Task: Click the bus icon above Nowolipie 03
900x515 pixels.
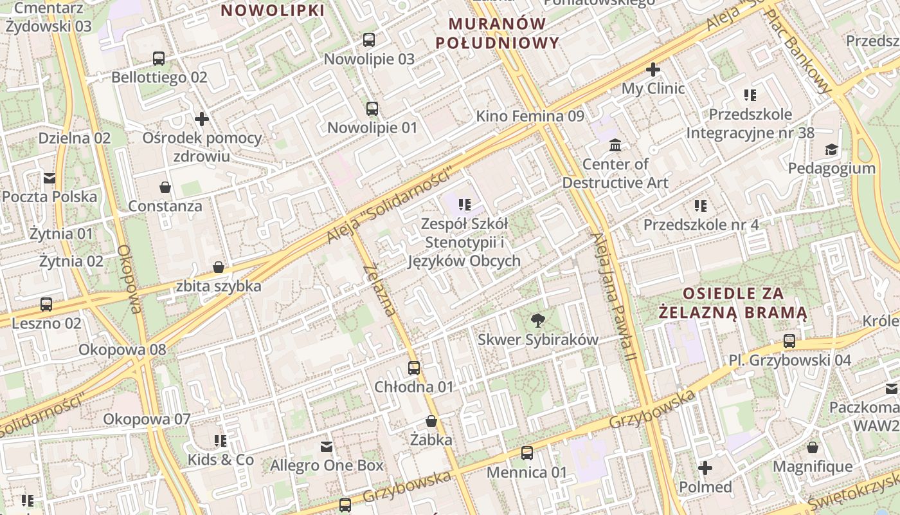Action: [x=369, y=40]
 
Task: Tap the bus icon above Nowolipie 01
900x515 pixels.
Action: [x=372, y=108]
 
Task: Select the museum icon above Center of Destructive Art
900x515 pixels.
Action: [x=615, y=145]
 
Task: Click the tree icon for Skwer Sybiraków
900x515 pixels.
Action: [x=537, y=320]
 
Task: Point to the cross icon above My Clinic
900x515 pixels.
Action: [x=653, y=69]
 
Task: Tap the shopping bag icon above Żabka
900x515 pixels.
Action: [x=431, y=421]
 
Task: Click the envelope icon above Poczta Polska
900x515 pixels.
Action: [x=50, y=178]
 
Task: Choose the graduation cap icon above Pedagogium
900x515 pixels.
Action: [x=831, y=149]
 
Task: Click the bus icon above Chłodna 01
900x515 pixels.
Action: [x=414, y=368]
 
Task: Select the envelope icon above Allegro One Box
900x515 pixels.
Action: [x=327, y=446]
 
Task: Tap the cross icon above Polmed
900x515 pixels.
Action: [x=705, y=467]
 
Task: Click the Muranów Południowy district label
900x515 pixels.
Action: [x=497, y=33]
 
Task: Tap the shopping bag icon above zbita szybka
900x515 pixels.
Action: [x=219, y=267]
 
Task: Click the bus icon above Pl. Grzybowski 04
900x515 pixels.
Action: [x=789, y=341]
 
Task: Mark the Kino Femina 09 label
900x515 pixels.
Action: [x=530, y=117]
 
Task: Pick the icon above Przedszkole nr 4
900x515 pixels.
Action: [x=701, y=206]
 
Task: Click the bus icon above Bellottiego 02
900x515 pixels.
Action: [x=159, y=59]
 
